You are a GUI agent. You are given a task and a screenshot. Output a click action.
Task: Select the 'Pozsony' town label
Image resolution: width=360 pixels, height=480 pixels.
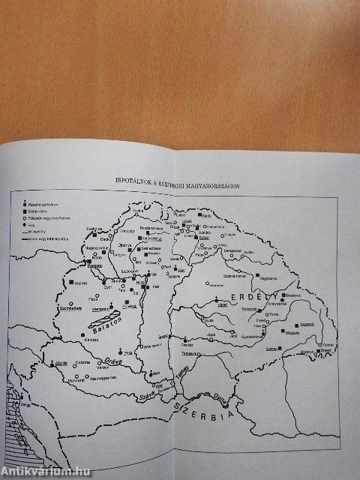pos(94,265)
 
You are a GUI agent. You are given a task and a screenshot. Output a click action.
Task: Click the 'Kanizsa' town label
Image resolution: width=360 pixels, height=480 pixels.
pos(91,339)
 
